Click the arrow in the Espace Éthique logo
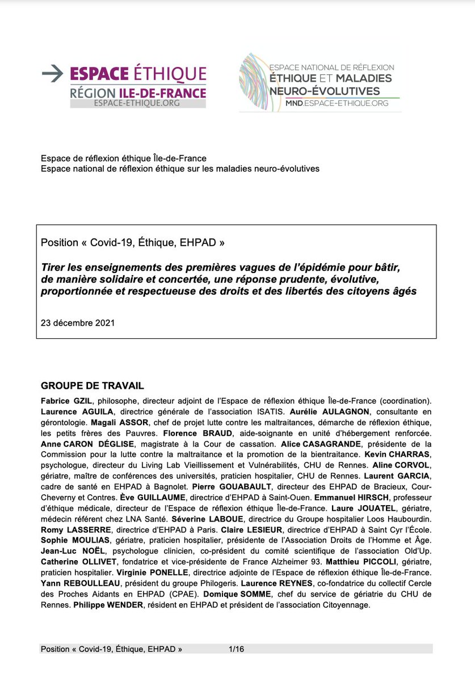(x=53, y=73)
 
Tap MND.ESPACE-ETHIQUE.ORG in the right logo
(x=338, y=103)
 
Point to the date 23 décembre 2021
(x=78, y=323)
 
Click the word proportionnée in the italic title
(x=75, y=292)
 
